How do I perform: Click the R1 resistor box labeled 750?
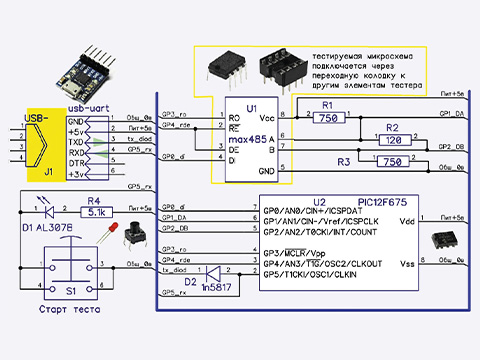tap(326, 118)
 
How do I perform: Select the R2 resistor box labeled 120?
tap(392, 140)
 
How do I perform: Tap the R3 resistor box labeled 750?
tap(392, 161)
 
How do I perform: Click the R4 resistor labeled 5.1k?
tap(97, 212)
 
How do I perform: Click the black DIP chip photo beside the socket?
tap(225, 69)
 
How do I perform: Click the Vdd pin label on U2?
tap(406, 222)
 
